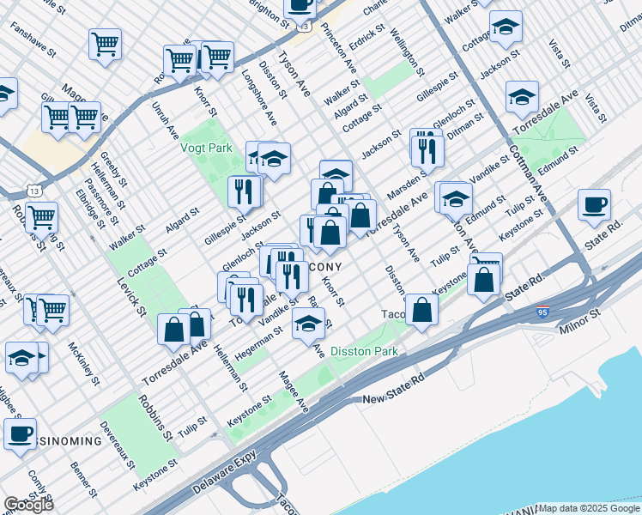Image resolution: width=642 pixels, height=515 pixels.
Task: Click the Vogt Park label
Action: (183, 148)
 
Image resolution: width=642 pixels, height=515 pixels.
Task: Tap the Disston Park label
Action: (365, 351)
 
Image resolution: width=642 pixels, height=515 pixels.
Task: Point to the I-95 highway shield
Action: (542, 314)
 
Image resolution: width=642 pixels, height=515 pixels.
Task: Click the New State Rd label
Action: (394, 400)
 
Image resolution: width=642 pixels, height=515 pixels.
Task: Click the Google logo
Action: (27, 505)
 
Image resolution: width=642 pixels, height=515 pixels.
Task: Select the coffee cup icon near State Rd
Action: (594, 207)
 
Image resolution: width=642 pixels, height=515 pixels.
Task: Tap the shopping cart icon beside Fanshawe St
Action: (105, 43)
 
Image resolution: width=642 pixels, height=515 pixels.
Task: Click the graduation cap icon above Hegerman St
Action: (308, 323)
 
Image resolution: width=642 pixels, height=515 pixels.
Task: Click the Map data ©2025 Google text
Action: (589, 508)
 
